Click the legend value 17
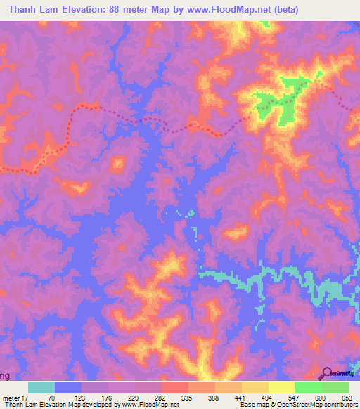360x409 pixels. coord(25,398)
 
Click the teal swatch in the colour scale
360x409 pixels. coord(41,387)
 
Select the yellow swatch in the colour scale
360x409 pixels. coord(282,387)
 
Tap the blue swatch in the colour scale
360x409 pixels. coord(68,387)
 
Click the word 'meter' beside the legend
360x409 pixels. coord(10,398)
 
